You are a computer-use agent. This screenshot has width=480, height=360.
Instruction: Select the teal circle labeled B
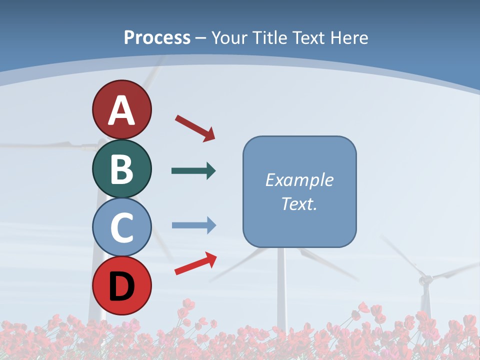tap(121, 168)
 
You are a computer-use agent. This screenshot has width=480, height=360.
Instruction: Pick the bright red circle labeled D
tap(121, 285)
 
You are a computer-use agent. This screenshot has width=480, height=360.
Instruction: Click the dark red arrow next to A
tap(195, 127)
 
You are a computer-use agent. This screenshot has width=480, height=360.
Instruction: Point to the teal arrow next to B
tap(193, 171)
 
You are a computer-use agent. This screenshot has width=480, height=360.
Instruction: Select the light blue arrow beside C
tap(194, 225)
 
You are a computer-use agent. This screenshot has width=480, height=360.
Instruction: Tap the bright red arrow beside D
tap(195, 263)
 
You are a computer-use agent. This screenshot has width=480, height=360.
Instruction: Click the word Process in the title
tap(157, 37)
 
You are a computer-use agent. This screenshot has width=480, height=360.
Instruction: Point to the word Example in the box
tap(299, 180)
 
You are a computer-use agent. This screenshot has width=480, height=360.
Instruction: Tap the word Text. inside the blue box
tap(299, 203)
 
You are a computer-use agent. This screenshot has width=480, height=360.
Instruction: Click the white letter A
tap(121, 110)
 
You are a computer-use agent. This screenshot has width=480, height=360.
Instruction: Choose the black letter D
tap(121, 286)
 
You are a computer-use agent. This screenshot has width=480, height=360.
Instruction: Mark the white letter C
tap(121, 227)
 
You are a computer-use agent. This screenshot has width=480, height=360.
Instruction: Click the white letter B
tap(121, 169)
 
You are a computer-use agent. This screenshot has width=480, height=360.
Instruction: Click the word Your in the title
tap(230, 37)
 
